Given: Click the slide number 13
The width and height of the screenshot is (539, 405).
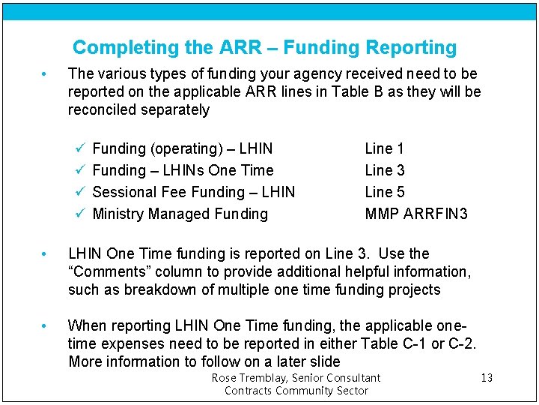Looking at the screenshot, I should click(x=487, y=377).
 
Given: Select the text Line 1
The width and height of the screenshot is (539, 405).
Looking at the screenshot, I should click(x=385, y=148).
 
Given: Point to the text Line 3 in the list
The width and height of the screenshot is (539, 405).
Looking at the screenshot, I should click(x=385, y=170).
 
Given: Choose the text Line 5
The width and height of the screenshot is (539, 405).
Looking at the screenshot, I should click(x=385, y=192).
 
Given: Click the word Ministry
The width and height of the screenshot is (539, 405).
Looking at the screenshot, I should click(x=118, y=214).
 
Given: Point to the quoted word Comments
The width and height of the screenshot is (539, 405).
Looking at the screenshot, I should click(x=106, y=271).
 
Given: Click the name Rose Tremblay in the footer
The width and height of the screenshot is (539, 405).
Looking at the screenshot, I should click(x=247, y=378).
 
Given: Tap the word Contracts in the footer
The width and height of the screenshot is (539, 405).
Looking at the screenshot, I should click(x=249, y=390).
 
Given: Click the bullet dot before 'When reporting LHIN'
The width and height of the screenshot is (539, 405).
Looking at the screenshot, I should click(x=45, y=326).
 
